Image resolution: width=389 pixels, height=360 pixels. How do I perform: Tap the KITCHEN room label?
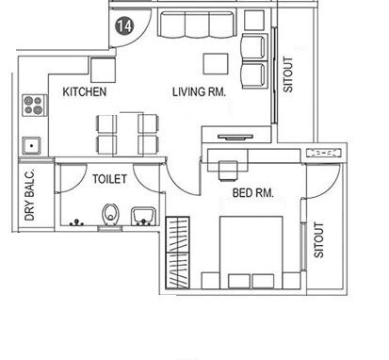pyautogui.click(x=85, y=92)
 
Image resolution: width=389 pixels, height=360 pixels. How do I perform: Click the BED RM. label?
pyautogui.click(x=252, y=193)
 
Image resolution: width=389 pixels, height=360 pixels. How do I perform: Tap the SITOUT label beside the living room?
pyautogui.click(x=288, y=75)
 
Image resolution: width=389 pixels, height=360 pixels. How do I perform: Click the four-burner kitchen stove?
pyautogui.click(x=33, y=104)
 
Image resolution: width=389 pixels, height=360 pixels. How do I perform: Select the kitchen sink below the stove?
pyautogui.click(x=32, y=145)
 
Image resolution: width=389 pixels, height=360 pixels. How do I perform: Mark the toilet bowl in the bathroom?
pyautogui.click(x=111, y=215)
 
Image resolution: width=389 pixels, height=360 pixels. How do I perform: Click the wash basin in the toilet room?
pyautogui.click(x=141, y=214)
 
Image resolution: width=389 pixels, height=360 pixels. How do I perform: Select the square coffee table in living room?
pyautogui.click(x=215, y=62)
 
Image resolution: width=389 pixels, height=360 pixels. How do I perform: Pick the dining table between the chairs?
pyautogui.click(x=126, y=133)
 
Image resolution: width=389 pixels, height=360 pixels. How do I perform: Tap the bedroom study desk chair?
pyautogui.click(x=228, y=169)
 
